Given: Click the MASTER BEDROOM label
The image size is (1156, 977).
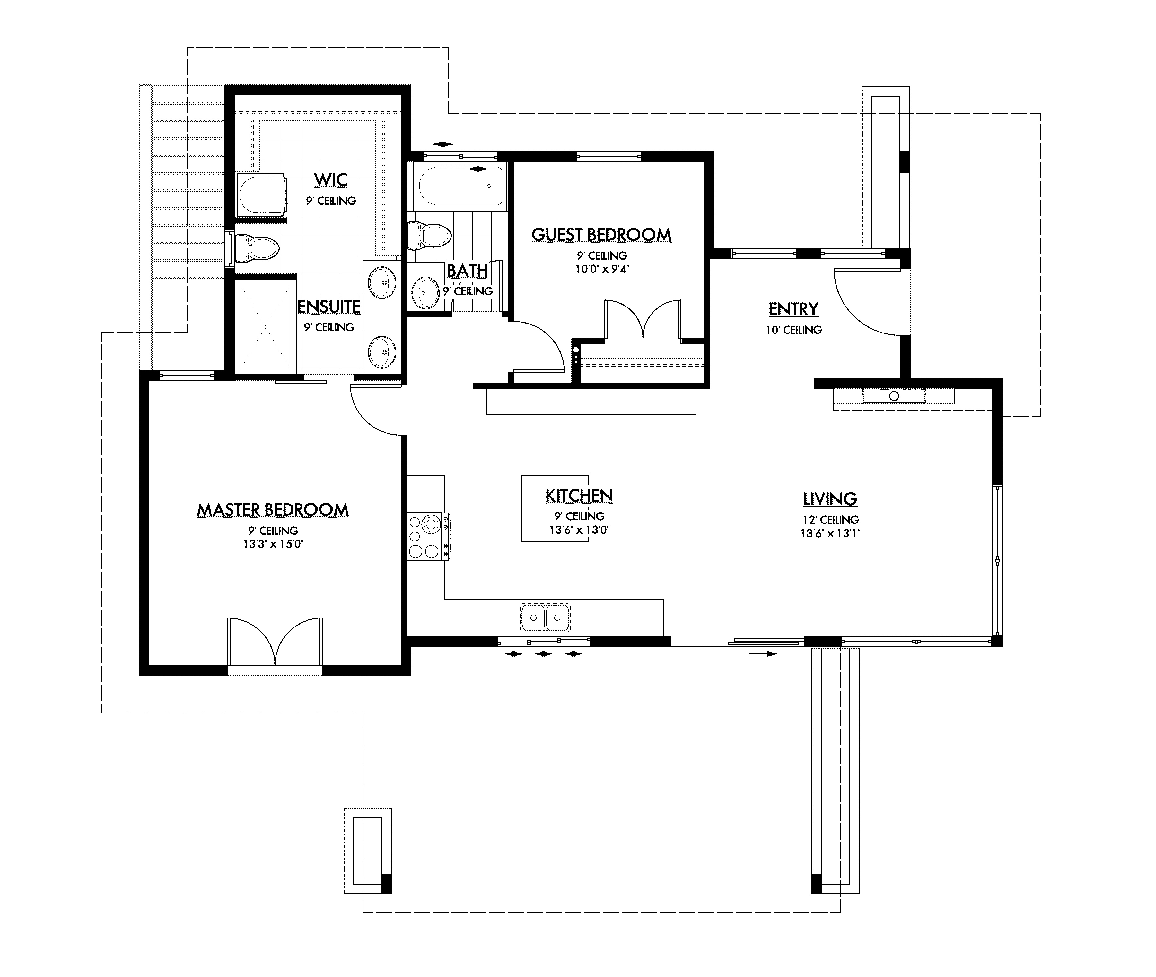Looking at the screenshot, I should tap(273, 510).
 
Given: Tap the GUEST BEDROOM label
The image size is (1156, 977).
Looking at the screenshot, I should tap(601, 235).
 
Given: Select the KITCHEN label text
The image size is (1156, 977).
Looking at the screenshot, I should tap(579, 496).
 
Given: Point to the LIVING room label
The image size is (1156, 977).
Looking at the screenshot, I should tap(830, 499).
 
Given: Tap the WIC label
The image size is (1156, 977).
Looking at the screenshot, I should tap(331, 180).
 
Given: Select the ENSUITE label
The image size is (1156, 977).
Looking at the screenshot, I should tap(329, 306).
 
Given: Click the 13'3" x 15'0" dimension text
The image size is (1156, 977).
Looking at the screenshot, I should tap(273, 544).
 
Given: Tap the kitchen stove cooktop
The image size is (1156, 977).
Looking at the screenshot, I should tap(425, 536).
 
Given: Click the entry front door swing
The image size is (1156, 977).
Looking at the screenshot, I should tap(867, 302).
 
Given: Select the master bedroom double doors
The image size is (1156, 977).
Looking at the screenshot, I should tap(275, 643).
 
